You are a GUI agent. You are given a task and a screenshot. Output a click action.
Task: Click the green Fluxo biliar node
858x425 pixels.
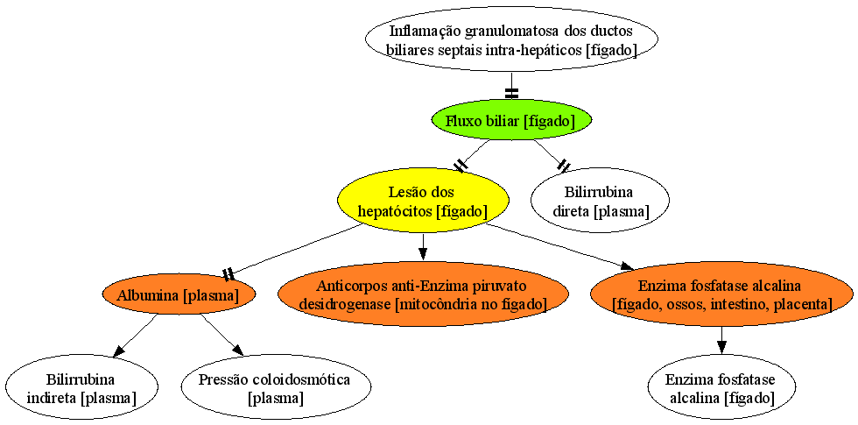[511, 121]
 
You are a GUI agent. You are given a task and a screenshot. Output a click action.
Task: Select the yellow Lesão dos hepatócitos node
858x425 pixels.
[423, 201]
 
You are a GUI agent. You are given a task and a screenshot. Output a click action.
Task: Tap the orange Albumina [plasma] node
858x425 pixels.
[179, 296]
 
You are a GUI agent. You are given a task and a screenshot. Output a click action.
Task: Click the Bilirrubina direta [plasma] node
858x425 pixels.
[599, 201]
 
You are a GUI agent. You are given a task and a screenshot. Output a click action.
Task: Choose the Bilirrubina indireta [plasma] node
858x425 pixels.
[81, 387]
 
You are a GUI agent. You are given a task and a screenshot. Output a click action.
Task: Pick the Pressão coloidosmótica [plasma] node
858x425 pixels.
[275, 387]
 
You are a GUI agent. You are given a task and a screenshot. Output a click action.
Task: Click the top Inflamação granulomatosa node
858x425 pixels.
[511, 39]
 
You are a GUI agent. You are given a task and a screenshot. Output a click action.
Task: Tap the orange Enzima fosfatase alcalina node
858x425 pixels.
[721, 294]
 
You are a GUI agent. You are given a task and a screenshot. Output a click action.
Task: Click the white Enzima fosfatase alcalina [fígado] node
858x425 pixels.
[721, 387]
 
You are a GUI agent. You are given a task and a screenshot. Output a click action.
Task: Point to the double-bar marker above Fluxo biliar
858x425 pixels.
[511, 93]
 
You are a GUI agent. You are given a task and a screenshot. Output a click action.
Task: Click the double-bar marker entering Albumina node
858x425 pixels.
[229, 273]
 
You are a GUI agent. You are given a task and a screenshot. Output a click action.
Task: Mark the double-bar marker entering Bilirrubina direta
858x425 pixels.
[562, 165]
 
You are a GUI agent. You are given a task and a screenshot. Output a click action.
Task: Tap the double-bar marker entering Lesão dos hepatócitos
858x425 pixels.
[462, 165]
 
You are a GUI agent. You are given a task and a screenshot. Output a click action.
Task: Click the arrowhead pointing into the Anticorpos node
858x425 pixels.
[422, 253]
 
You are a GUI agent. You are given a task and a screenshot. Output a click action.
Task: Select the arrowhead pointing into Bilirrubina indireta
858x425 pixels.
[119, 351]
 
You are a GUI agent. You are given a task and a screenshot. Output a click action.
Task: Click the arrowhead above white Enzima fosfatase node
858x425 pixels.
[721, 347]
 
